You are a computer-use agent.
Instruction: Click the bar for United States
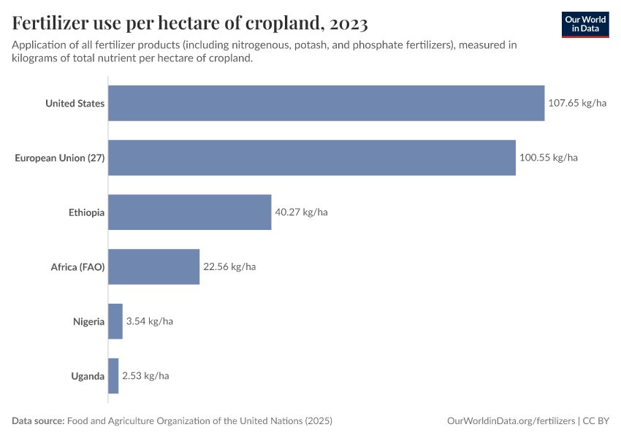click(326, 103)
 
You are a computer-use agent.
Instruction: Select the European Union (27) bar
click(312, 158)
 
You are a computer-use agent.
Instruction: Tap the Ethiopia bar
click(190, 212)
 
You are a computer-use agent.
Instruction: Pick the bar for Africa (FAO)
click(154, 266)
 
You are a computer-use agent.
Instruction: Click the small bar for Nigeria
click(115, 321)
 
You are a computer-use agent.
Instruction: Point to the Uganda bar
click(113, 376)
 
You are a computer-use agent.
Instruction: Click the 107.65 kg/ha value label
click(577, 103)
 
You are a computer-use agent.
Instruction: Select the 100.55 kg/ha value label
click(548, 158)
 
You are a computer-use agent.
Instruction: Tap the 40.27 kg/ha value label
click(301, 212)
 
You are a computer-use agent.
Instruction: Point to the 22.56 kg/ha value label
click(229, 266)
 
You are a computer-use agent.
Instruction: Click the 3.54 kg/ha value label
click(149, 321)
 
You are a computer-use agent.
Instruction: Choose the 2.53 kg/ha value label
click(145, 376)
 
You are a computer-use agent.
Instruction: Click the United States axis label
click(75, 103)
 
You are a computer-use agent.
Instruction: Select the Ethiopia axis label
click(86, 212)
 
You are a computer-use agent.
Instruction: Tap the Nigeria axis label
click(88, 321)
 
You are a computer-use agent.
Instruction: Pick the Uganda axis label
click(88, 376)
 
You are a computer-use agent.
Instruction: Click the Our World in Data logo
click(585, 23)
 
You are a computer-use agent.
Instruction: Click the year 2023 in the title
click(348, 24)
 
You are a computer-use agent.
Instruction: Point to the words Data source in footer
click(37, 421)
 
